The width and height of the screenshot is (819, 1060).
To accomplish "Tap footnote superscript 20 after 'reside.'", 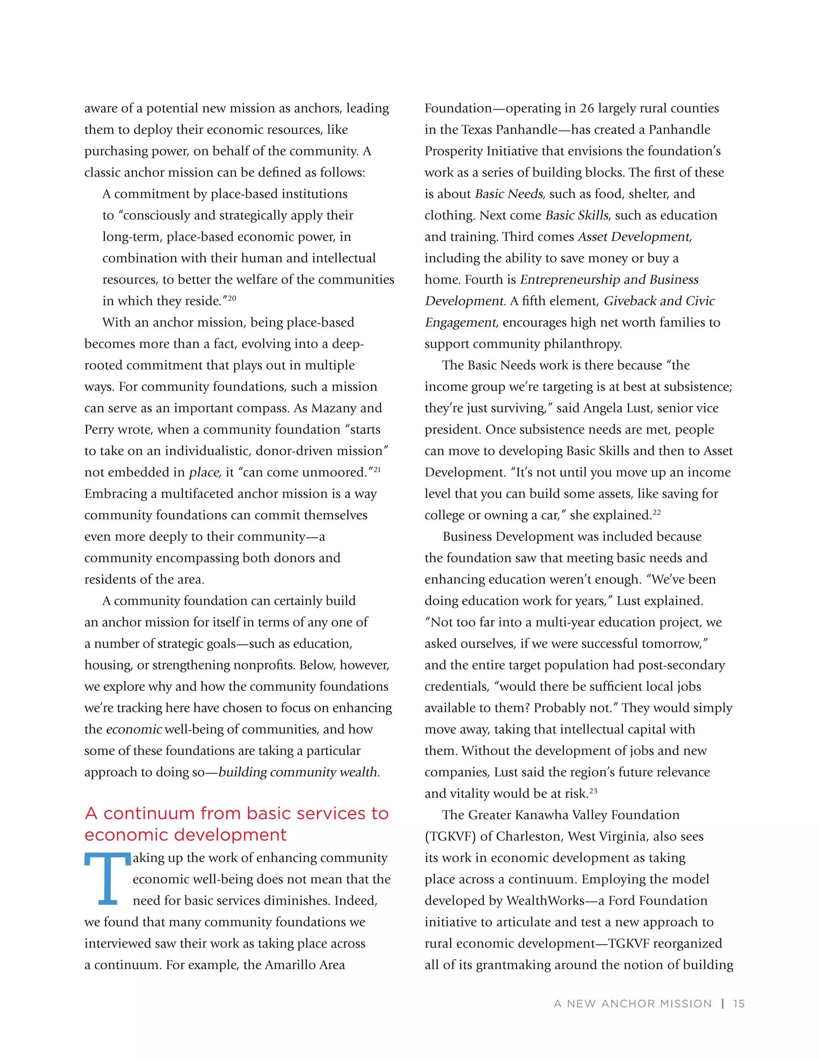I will pos(232,298).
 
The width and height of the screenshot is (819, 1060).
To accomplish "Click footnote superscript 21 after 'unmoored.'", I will pos(377,469).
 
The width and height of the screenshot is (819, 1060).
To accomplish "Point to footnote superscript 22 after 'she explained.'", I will pos(657,512).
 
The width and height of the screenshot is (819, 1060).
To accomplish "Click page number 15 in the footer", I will pos(739,1004).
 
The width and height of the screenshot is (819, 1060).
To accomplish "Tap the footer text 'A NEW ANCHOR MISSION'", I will pos(633,1004).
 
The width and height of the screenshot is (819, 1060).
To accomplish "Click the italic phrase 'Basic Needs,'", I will pos(510,194).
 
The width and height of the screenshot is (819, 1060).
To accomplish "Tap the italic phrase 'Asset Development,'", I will pos(635,237).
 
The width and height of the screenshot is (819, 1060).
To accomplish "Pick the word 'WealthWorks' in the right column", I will pos(545,901).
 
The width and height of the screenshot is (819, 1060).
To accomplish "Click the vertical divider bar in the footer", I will pos(723,1004).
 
